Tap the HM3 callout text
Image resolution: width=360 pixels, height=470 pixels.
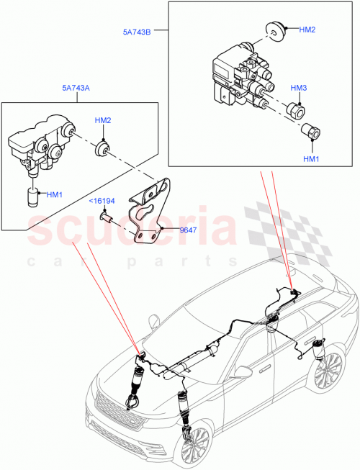click(x=298, y=87)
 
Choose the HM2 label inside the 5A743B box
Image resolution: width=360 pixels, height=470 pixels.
click(x=307, y=30)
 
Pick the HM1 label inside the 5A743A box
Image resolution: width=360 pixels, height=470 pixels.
click(x=55, y=194)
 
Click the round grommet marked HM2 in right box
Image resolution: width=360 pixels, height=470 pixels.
click(x=274, y=30)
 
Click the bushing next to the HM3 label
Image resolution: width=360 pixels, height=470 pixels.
click(x=297, y=112)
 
